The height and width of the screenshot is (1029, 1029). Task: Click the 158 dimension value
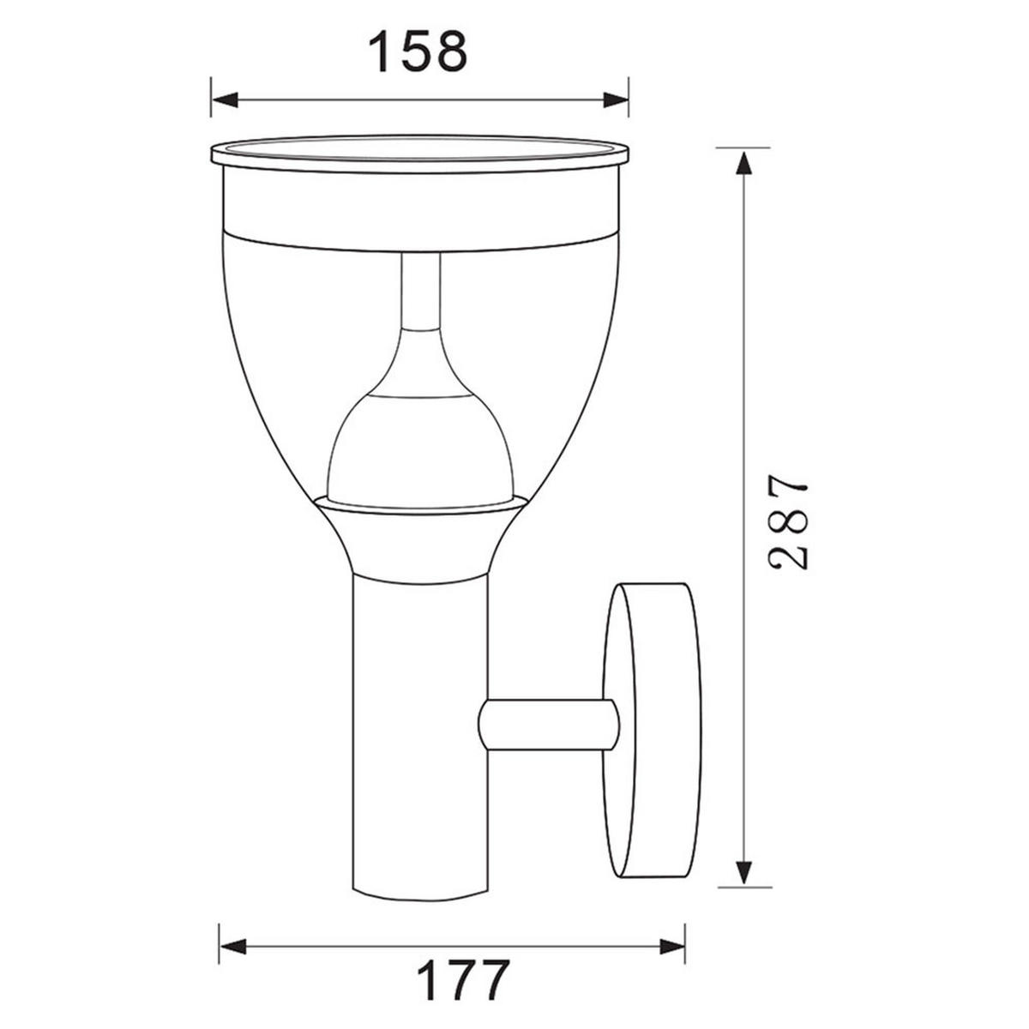[x=418, y=51]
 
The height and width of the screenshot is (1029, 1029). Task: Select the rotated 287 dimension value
[x=787, y=521]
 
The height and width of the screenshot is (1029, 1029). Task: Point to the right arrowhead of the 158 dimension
[x=616, y=99]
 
